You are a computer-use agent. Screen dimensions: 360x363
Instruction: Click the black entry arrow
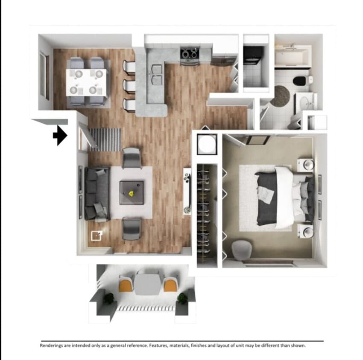pos(61,136)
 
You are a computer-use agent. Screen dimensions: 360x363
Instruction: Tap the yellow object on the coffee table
pos(132,193)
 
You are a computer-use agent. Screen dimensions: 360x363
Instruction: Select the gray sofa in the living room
pos(97,193)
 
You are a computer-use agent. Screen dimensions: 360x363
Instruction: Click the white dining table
pos(86,81)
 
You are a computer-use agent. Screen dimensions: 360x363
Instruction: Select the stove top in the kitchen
pos(190,54)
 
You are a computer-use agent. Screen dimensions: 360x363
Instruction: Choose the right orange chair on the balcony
pos(170,284)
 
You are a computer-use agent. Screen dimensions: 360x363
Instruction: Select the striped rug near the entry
pos(105,139)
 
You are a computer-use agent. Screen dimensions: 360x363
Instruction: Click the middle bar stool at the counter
pos(129,85)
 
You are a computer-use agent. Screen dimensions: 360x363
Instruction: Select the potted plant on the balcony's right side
pos(183,299)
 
